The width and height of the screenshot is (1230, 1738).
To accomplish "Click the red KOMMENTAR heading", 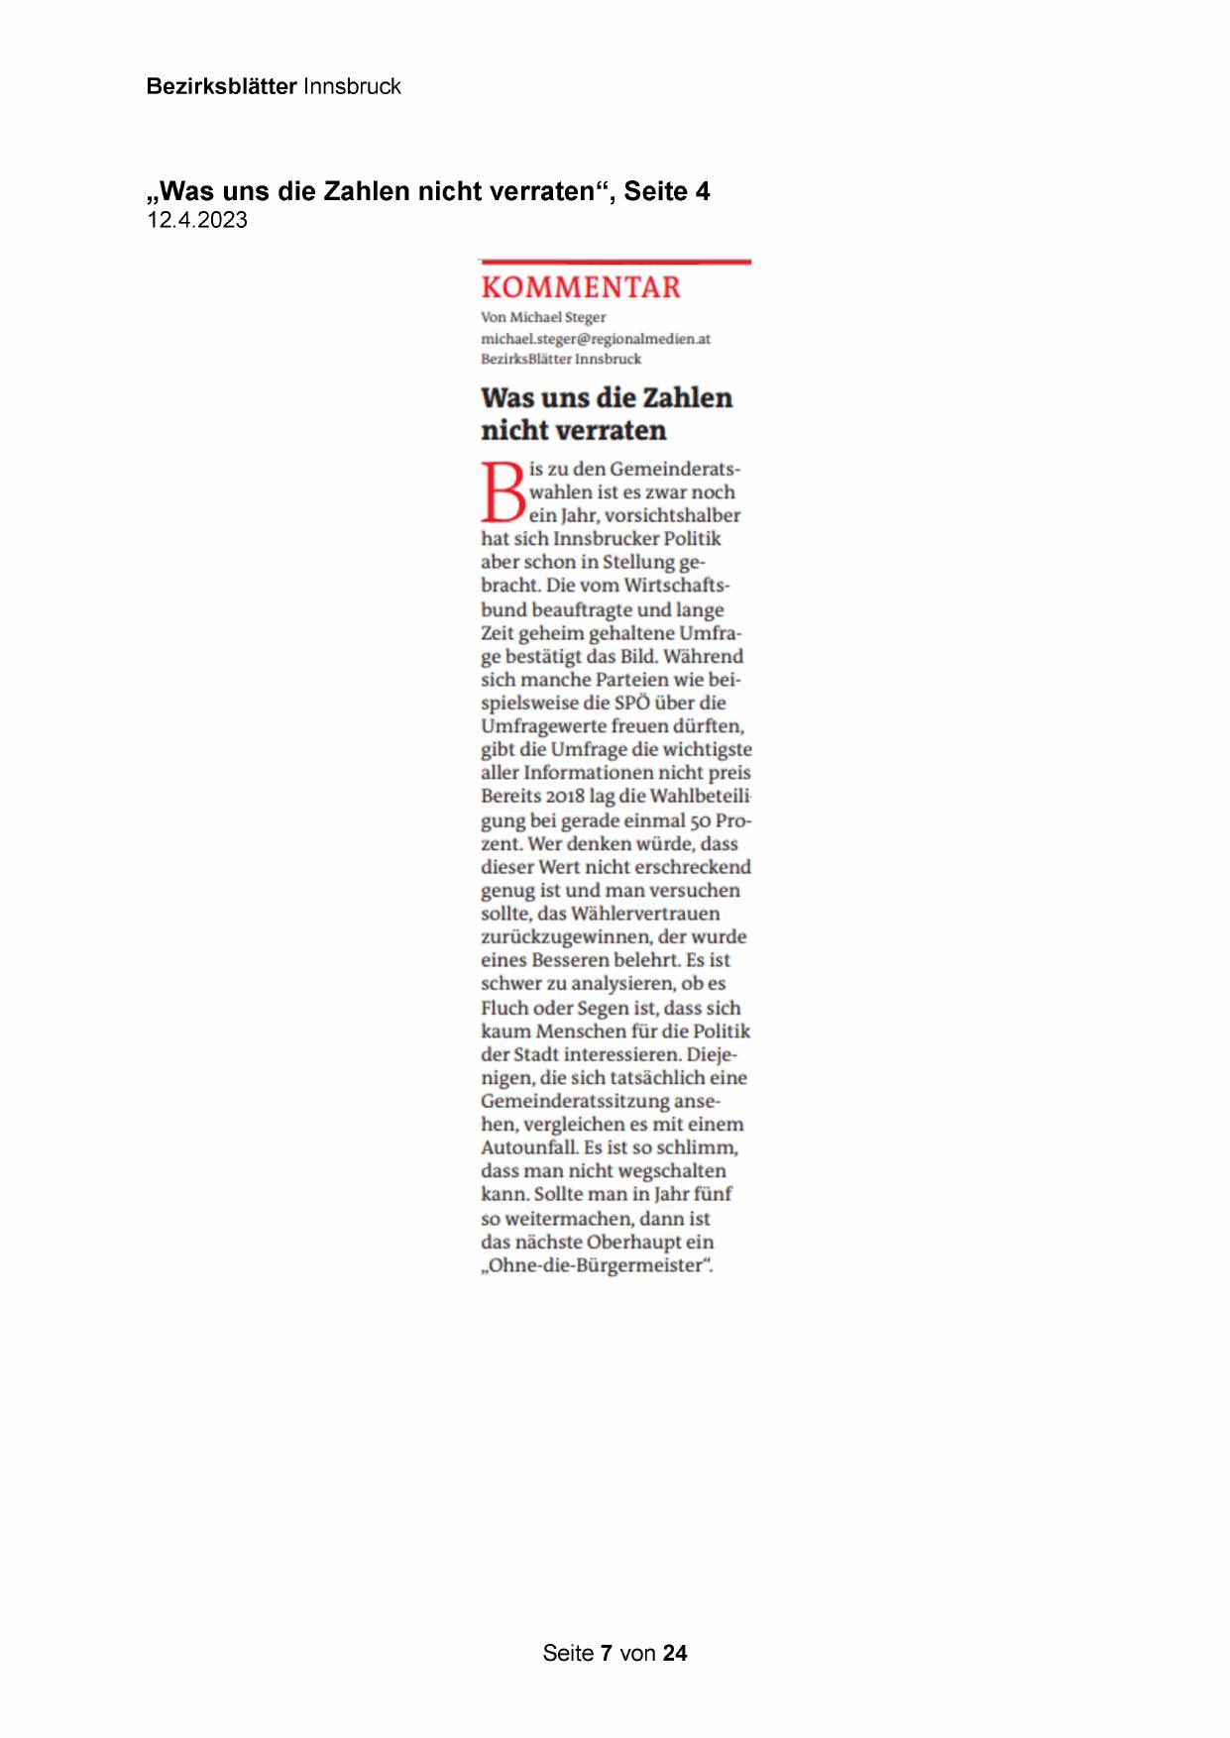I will [581, 287].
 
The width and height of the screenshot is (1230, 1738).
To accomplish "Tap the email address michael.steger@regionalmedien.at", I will [596, 339].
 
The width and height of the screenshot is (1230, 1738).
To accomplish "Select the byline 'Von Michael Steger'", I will [543, 317].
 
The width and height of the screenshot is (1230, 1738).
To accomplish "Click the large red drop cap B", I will [503, 491].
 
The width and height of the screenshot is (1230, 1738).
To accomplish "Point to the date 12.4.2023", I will [197, 220].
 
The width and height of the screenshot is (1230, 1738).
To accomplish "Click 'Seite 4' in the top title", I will [666, 191].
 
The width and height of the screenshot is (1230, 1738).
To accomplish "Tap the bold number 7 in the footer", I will [607, 1653].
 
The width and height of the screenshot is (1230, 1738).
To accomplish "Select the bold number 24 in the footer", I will [675, 1653].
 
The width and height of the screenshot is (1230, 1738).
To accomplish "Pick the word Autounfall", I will [528, 1147].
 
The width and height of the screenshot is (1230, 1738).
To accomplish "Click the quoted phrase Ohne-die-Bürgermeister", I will [597, 1265].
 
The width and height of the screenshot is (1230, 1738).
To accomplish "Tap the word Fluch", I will [503, 1008].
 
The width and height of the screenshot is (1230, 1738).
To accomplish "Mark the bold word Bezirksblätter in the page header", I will [221, 86].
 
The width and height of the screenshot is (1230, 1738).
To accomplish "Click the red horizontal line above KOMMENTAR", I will [615, 262].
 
